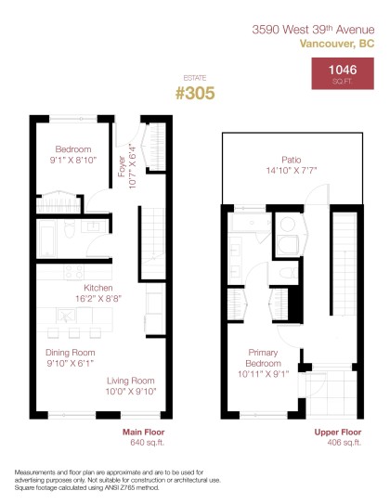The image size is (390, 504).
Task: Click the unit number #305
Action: [x=194, y=93]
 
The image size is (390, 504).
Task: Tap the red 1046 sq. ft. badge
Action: [x=337, y=75]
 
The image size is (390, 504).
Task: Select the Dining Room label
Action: [x=71, y=352]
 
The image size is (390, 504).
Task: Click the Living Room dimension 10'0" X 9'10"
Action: [x=132, y=392]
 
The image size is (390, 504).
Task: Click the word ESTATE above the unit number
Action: [x=194, y=79]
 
